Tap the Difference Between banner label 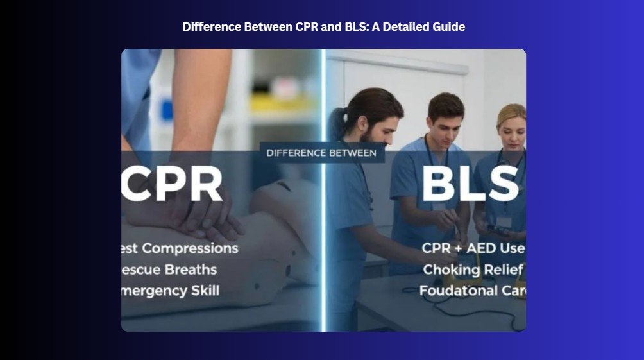pos(321,153)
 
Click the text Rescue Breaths pos(169,270)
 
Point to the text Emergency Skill pos(170,291)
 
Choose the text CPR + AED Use pos(472,248)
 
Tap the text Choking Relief pos(473,270)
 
